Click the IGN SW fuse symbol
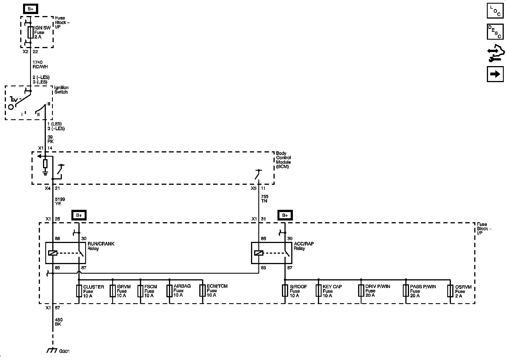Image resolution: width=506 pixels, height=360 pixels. pyautogui.click(x=31, y=32)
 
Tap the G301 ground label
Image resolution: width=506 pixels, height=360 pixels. pyautogui.click(x=64, y=351)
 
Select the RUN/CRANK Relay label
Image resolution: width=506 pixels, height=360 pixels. pyautogui.click(x=101, y=246)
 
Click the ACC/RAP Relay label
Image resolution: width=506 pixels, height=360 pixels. pyautogui.click(x=304, y=246)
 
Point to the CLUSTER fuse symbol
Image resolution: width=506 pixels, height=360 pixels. pyautogui.click(x=79, y=291)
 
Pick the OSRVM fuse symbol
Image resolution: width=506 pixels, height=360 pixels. pyautogui.click(x=450, y=291)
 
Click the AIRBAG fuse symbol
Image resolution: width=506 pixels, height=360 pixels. pyautogui.click(x=169, y=291)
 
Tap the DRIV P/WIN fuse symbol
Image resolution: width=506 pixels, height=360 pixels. pyautogui.click(x=361, y=291)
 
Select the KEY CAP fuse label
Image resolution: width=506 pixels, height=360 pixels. pyautogui.click(x=332, y=291)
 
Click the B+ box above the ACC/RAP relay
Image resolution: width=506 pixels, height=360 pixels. pyautogui.click(x=285, y=215)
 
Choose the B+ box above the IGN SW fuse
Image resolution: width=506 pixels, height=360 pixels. pyautogui.click(x=30, y=9)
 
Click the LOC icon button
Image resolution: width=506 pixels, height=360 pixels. pyautogui.click(x=495, y=11)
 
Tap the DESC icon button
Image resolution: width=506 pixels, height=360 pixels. pyautogui.click(x=495, y=31)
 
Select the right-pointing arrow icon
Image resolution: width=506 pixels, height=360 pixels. pyautogui.click(x=495, y=74)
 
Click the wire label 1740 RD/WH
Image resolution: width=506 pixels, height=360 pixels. pyautogui.click(x=40, y=64)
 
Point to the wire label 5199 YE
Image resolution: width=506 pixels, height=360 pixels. pyautogui.click(x=60, y=201)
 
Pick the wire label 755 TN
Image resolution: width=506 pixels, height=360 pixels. pyautogui.click(x=265, y=199)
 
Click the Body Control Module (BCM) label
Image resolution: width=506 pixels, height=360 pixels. pyautogui.click(x=283, y=160)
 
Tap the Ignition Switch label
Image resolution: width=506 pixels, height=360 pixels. pyautogui.click(x=61, y=90)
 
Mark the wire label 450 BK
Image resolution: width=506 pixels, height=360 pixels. pyautogui.click(x=59, y=322)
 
